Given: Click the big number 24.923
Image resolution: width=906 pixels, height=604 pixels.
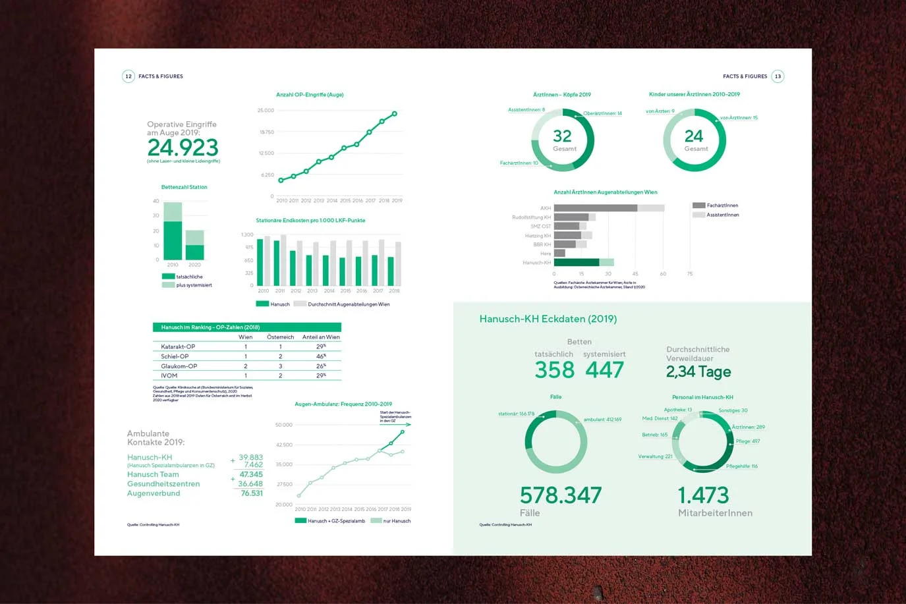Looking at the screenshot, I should click(183, 148).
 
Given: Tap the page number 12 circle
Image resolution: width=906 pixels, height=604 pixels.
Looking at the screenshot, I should click(128, 76).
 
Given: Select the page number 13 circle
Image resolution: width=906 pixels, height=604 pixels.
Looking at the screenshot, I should click(778, 76).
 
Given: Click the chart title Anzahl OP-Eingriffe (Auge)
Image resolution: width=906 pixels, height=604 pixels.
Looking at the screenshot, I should click(310, 95).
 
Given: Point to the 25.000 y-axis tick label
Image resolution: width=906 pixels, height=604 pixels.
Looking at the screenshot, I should click(266, 111).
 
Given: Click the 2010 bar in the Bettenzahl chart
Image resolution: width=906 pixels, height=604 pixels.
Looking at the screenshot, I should click(173, 231).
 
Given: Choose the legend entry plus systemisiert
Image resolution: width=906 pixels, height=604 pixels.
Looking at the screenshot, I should click(194, 285).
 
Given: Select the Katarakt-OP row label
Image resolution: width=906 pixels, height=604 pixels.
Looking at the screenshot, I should click(178, 346).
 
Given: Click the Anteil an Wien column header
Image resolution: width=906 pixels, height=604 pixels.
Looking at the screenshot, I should click(321, 337).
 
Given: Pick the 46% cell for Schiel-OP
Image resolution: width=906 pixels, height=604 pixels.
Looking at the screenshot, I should click(321, 356).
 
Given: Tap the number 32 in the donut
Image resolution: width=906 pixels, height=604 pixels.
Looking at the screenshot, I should click(562, 136).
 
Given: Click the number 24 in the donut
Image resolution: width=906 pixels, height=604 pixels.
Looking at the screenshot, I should click(694, 136).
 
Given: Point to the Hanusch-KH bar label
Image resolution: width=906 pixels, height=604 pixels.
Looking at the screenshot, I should click(536, 263).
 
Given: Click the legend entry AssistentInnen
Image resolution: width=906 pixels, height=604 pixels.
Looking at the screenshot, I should click(722, 215).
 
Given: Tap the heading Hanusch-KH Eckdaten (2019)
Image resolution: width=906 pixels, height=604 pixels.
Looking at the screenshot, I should click(548, 319).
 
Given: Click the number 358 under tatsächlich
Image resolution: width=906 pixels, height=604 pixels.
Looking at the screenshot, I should click(555, 370).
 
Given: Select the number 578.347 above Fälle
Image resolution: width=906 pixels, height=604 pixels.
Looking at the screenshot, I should click(561, 495).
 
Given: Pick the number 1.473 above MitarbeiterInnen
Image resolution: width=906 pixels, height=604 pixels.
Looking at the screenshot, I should click(703, 495).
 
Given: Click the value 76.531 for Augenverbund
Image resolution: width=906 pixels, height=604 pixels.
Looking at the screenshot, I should click(252, 493).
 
